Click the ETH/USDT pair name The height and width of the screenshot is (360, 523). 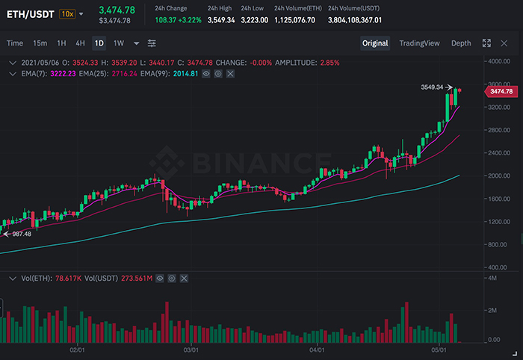[31, 13]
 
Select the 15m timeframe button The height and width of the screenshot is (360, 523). [40, 43]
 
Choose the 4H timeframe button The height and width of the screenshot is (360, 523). [80, 43]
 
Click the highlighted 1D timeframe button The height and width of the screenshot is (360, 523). [99, 43]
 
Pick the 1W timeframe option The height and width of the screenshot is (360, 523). [118, 43]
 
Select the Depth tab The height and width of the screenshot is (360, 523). [461, 43]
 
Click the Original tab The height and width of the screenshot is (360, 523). [375, 43]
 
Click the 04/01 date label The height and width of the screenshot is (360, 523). [316, 350]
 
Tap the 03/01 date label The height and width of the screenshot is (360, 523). [191, 350]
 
